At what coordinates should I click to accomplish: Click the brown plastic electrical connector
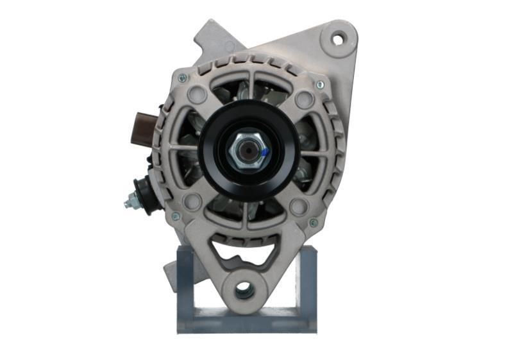pos(146,122)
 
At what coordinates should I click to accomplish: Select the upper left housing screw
pos(182,78)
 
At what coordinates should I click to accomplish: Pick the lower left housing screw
pos(176,217)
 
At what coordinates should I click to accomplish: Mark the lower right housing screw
pos(313,223)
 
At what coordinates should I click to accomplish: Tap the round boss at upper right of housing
pos(303,99)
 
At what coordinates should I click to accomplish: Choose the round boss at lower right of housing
pos(297,206)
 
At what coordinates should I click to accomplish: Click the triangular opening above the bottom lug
pos(245,253)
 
